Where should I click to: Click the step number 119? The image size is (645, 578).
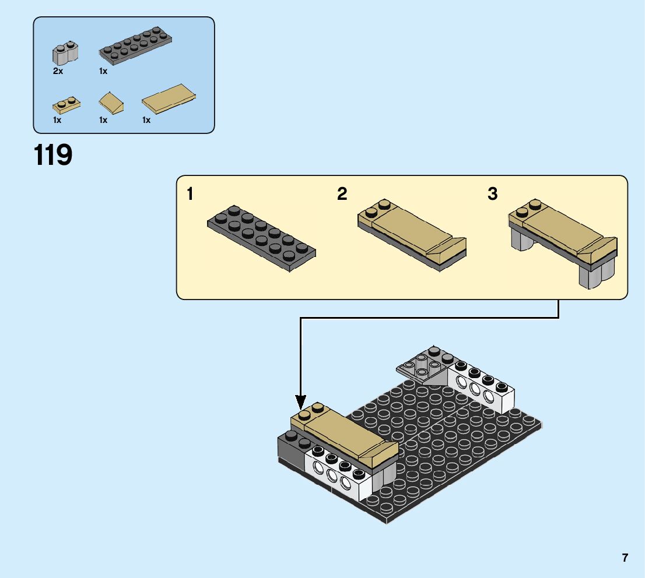point(54,155)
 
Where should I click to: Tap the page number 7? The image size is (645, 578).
point(625,558)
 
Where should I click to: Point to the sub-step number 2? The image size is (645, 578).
point(342,194)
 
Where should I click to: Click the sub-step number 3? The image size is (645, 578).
point(493,194)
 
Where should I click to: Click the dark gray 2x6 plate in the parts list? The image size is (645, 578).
point(136,45)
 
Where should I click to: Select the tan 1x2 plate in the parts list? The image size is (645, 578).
point(66,105)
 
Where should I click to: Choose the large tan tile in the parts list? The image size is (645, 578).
point(169,99)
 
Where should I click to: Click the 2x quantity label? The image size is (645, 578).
point(57,71)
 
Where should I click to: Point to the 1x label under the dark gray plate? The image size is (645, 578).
point(103,71)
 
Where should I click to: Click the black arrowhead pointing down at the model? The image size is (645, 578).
point(300,401)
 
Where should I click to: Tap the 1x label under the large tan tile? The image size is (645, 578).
point(146,120)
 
